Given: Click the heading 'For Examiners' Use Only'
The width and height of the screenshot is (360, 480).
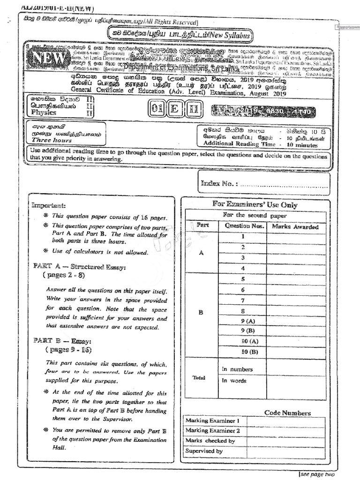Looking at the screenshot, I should coord(255,205).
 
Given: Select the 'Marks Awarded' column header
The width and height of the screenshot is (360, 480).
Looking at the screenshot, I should coord(295,226).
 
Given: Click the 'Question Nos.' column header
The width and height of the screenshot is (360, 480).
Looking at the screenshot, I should coord(242,226).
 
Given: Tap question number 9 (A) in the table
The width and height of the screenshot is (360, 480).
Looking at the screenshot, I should coord(243,321).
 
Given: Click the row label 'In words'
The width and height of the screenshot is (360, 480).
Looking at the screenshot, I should coord(234,381).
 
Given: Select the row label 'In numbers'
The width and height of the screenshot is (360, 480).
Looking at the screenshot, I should coord(237,369).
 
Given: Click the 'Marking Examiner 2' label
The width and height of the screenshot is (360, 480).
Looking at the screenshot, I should coord(213,430).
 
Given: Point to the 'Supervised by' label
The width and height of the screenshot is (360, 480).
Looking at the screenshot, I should coord(204,451).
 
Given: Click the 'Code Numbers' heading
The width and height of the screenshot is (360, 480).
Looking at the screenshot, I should coord(287,413).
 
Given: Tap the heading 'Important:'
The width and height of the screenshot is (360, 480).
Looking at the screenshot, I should coord(49,205).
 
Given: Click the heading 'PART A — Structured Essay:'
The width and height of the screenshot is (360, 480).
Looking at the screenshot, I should coord(79,266).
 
